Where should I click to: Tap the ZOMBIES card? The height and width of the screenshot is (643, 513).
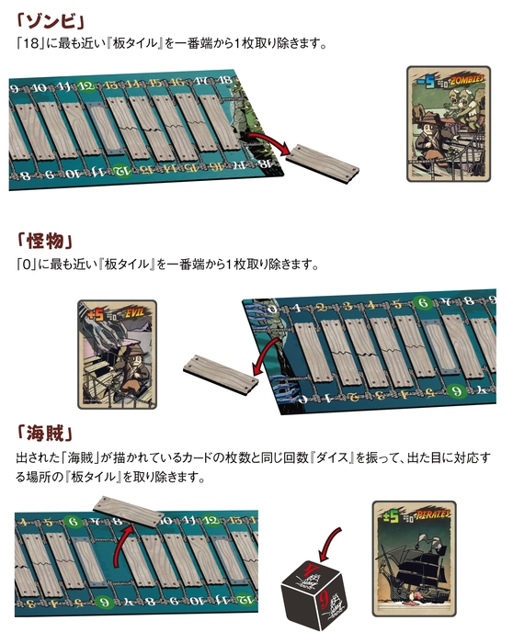pos(448,123)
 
